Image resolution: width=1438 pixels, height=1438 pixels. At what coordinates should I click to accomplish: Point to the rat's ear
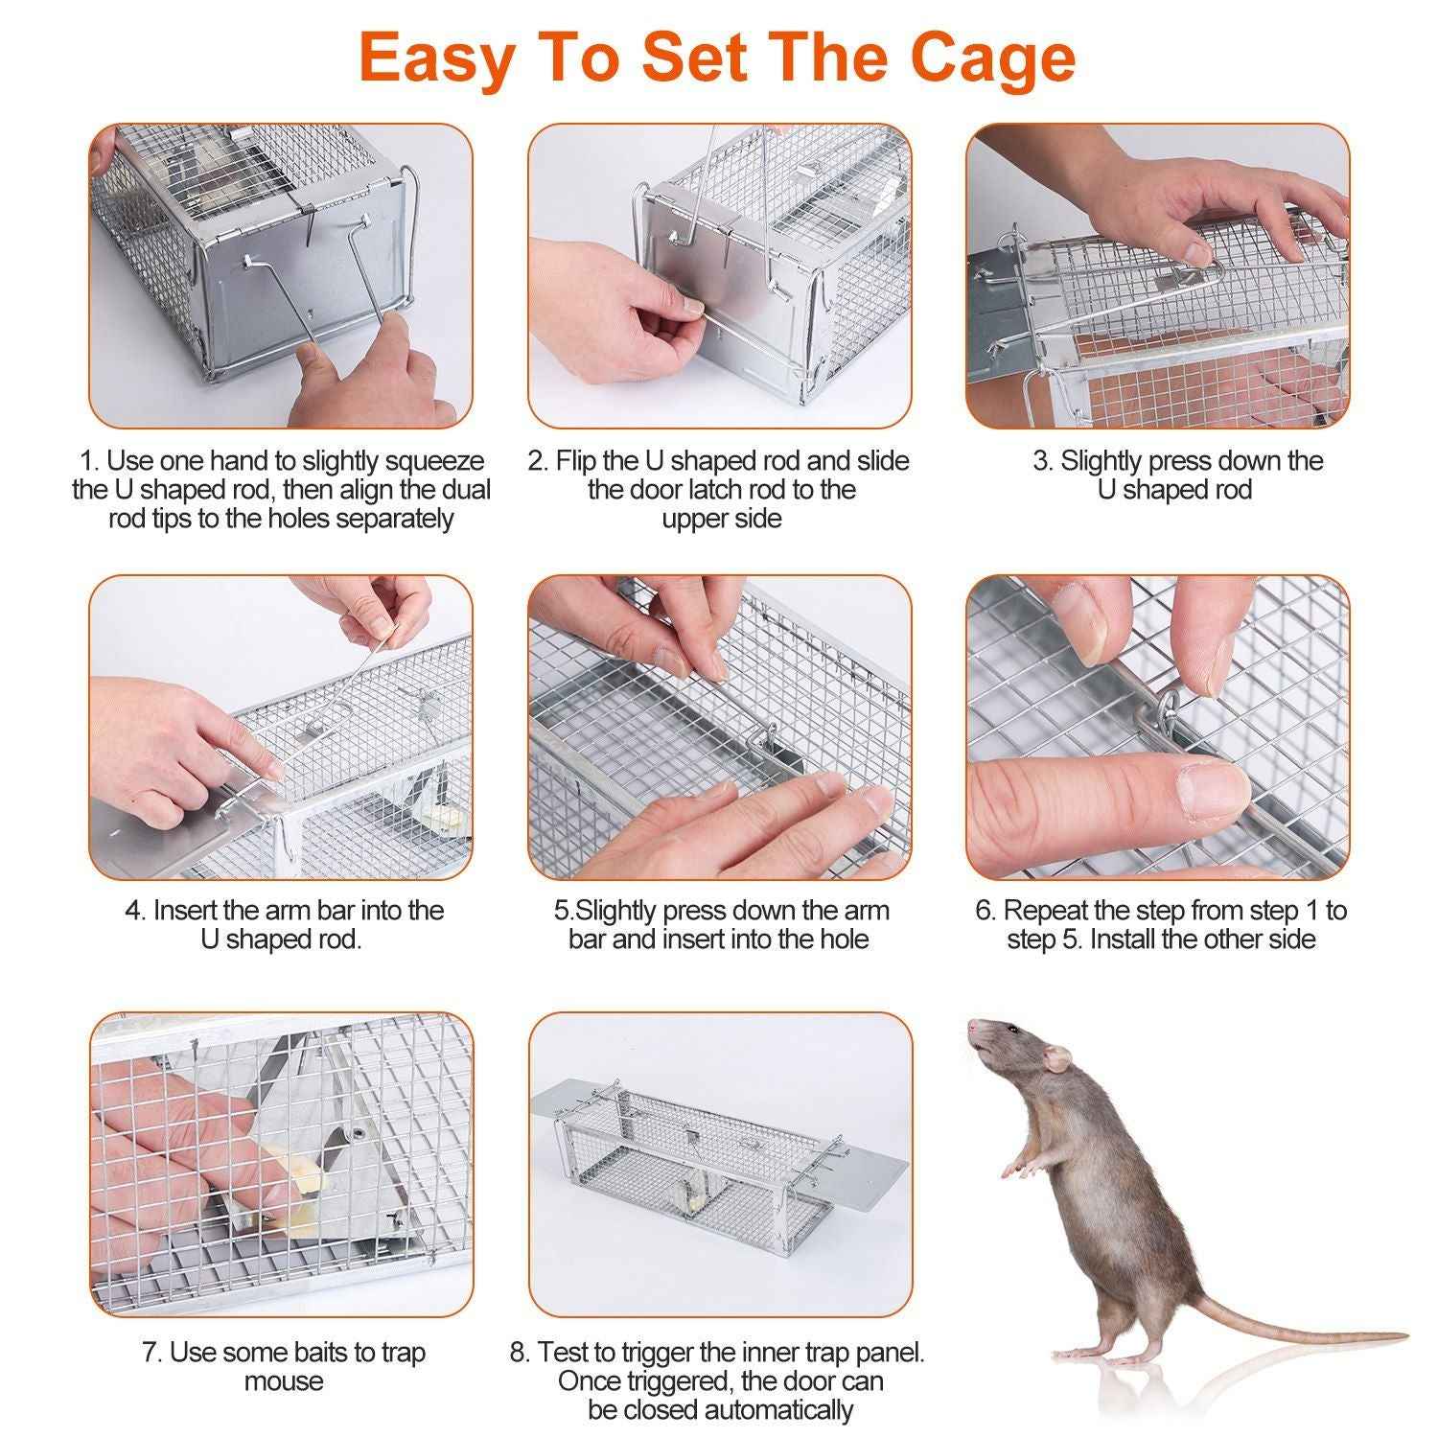click(1055, 1058)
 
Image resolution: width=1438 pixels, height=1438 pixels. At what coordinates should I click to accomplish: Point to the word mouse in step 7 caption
click(284, 1381)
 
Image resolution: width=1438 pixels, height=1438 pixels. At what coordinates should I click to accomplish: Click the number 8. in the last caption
click(520, 1353)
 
